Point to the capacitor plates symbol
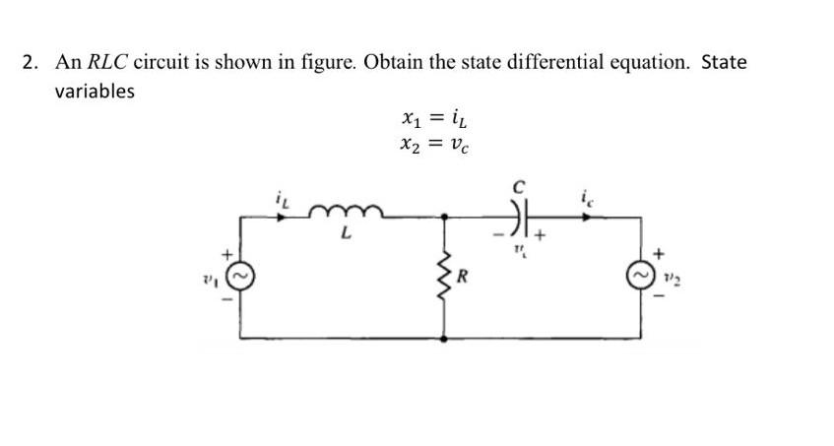524,216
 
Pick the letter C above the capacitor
525,185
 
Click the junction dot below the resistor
444,338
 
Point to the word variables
94,92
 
